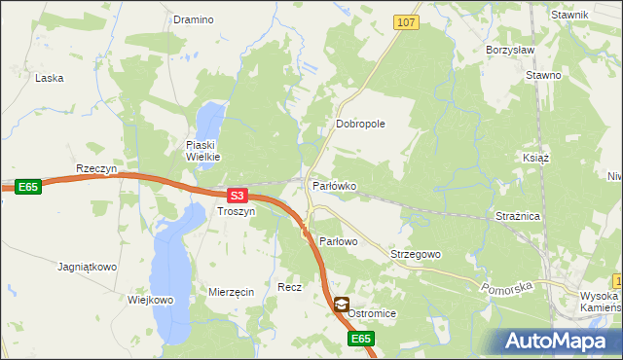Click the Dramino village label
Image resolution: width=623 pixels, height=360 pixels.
pos(193,19)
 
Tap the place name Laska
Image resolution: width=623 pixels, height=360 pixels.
pos(49,78)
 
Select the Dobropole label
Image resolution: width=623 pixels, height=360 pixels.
pos(361,125)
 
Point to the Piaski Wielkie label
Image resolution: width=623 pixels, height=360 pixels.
pos(204,150)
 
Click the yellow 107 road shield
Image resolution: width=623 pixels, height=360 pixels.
pos(407,21)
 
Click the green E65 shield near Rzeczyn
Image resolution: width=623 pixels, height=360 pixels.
pos(28,186)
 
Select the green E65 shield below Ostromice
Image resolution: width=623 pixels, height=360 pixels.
pos(361,339)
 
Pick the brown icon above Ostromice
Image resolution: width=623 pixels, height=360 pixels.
pos(341,305)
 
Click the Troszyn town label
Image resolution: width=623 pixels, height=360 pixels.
pos(236,211)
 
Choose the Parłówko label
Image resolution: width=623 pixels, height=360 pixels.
pos(334,185)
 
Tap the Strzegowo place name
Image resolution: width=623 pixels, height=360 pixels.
pos(416,254)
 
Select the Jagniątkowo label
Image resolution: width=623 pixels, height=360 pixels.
pos(88,266)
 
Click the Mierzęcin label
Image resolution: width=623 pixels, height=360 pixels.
pos(232,292)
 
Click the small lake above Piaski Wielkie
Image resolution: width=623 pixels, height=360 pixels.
pos(208,122)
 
